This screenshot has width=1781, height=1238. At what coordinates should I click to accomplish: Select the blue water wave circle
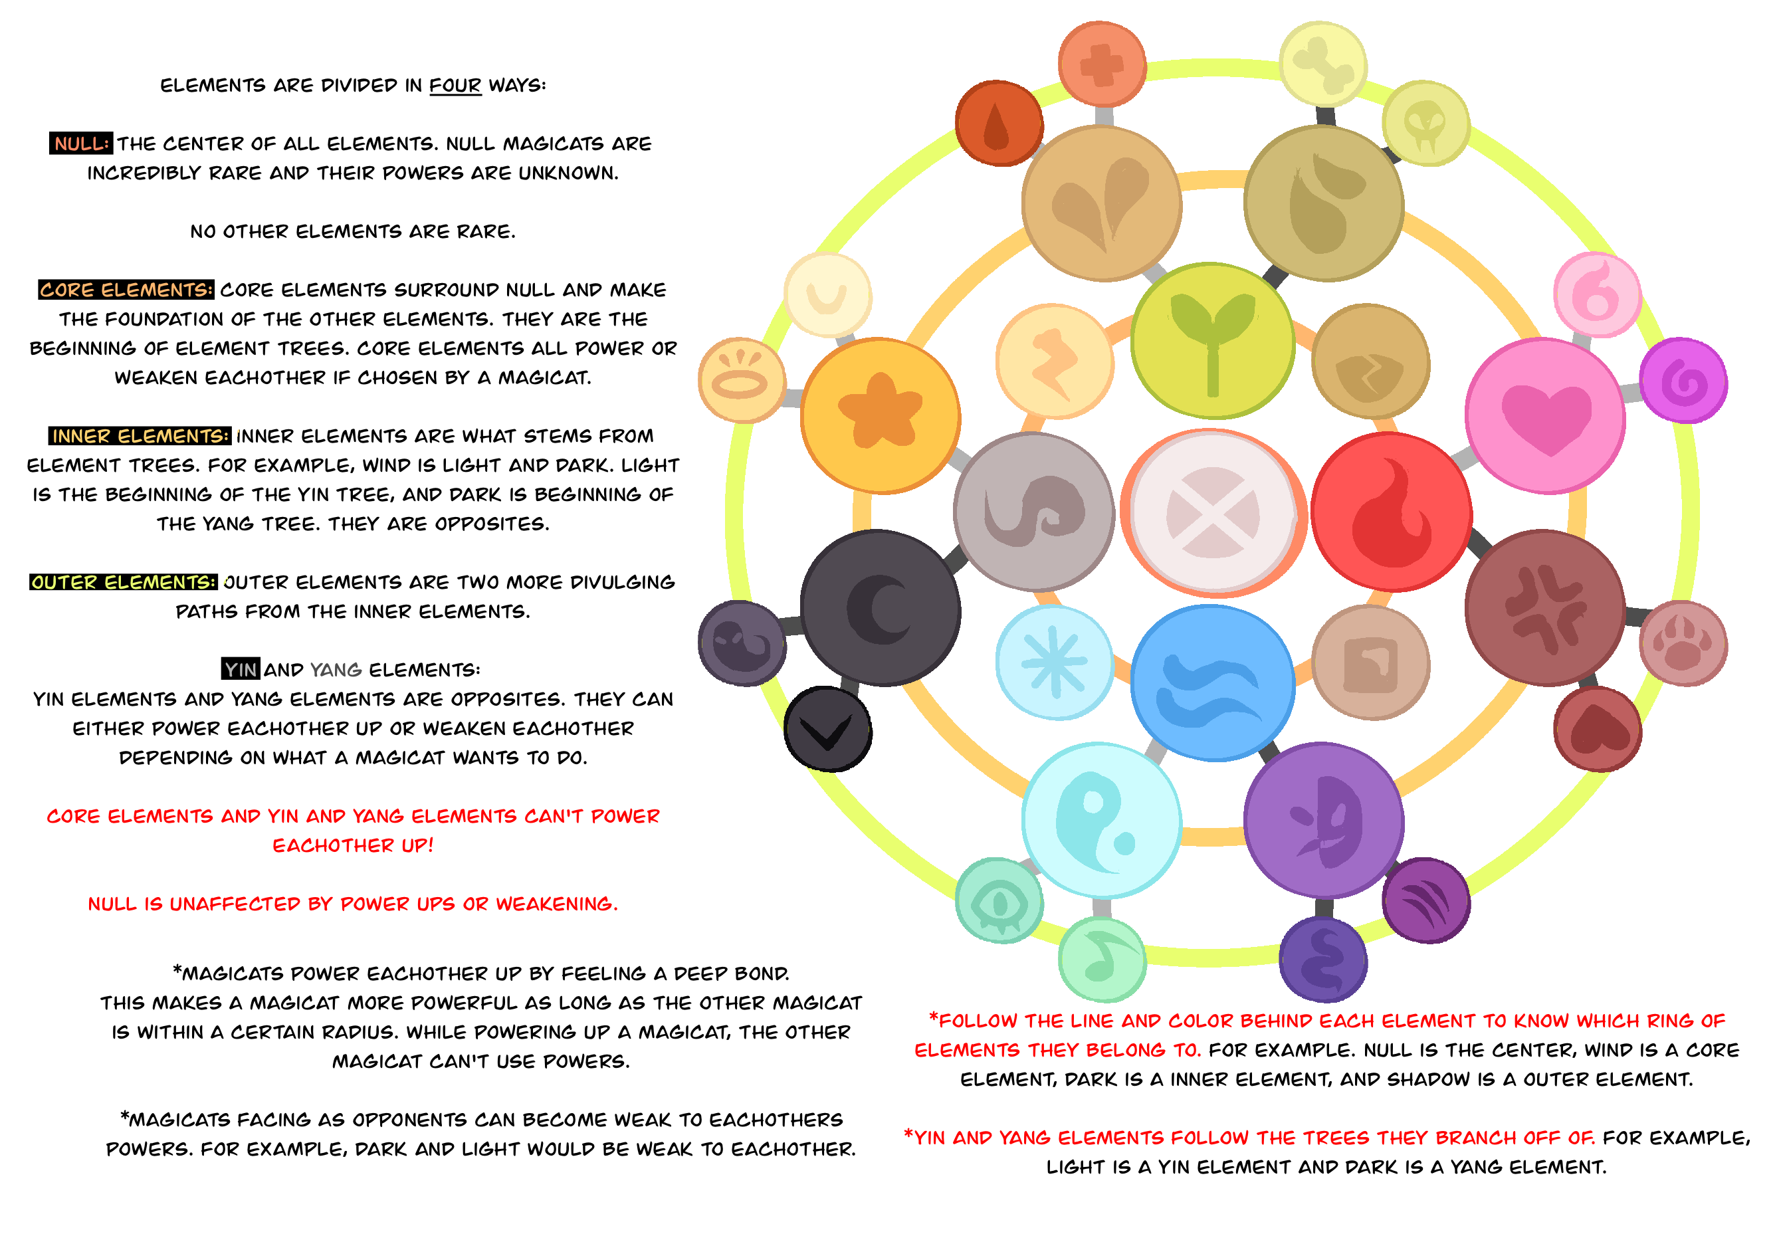click(1211, 682)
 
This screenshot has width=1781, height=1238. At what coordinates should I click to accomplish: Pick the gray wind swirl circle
click(1034, 512)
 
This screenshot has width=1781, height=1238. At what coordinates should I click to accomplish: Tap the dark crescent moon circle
click(881, 608)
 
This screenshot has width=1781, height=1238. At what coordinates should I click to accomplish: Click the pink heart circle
click(1545, 415)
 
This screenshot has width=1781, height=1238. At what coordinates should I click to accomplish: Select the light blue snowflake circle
click(1054, 663)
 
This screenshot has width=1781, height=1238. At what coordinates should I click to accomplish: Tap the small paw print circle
click(1683, 643)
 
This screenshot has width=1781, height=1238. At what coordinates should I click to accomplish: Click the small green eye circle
click(999, 900)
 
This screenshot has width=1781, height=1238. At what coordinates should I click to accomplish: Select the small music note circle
click(1101, 960)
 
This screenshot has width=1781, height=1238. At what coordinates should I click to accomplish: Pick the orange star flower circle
click(881, 415)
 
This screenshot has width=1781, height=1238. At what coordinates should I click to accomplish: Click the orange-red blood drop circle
click(999, 124)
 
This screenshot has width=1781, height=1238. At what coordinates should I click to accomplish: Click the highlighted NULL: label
click(80, 144)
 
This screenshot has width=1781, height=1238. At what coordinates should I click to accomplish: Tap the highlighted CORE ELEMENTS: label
click(126, 289)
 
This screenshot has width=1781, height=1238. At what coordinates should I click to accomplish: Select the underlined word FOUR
click(455, 84)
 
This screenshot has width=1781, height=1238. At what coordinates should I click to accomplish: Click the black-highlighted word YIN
click(241, 669)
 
